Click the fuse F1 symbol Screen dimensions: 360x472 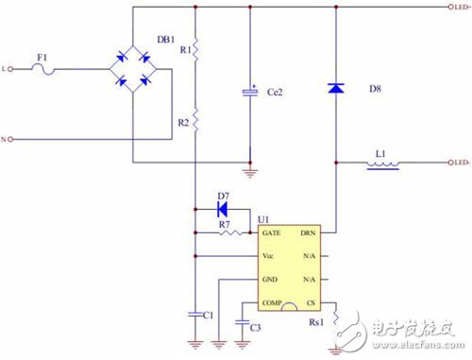pos(42,68)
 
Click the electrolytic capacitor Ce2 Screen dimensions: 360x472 pos(250,92)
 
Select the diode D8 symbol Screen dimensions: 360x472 pos(336,88)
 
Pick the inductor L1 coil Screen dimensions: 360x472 pos(383,163)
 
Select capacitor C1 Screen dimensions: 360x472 pos(194,311)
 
